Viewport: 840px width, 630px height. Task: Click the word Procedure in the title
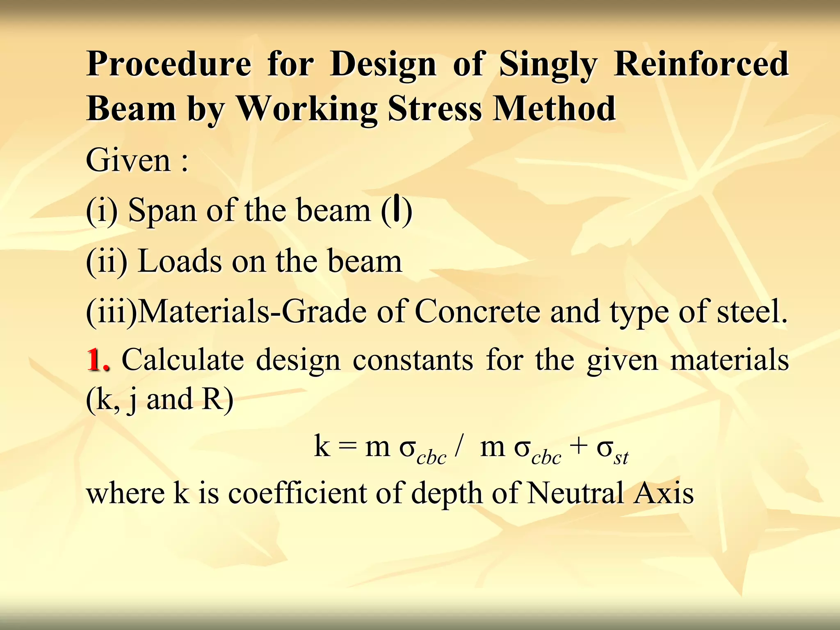coord(169,65)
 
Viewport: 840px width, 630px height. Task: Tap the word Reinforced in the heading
coord(701,64)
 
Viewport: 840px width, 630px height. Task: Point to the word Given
coord(128,160)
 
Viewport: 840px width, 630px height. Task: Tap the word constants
coord(413,360)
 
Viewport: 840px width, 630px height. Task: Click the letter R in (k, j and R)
coord(212,399)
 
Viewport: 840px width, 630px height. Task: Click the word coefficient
coord(297,493)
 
